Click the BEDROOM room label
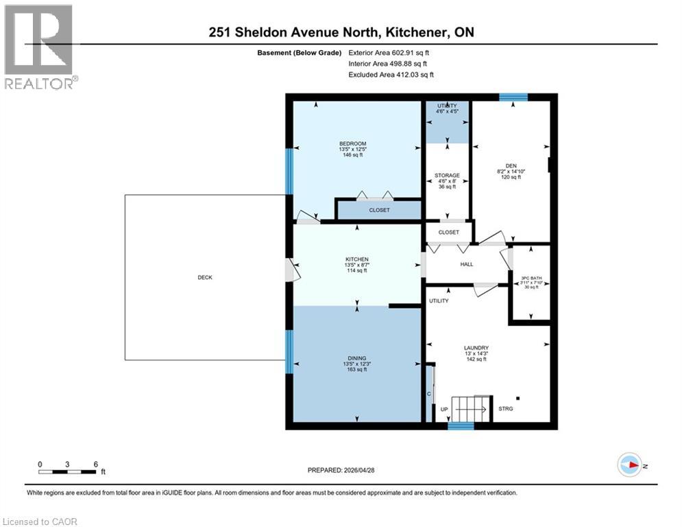point(356,143)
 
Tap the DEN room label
point(511,165)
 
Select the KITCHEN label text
point(356,259)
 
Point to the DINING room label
point(356,358)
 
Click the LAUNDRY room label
point(475,348)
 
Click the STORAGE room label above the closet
point(447,176)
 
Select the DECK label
point(205,277)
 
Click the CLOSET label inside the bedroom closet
point(379,211)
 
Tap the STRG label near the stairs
point(506,409)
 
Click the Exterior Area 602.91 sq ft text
point(389,53)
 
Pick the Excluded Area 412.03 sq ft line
point(391,75)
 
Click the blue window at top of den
point(509,97)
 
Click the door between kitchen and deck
point(291,270)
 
